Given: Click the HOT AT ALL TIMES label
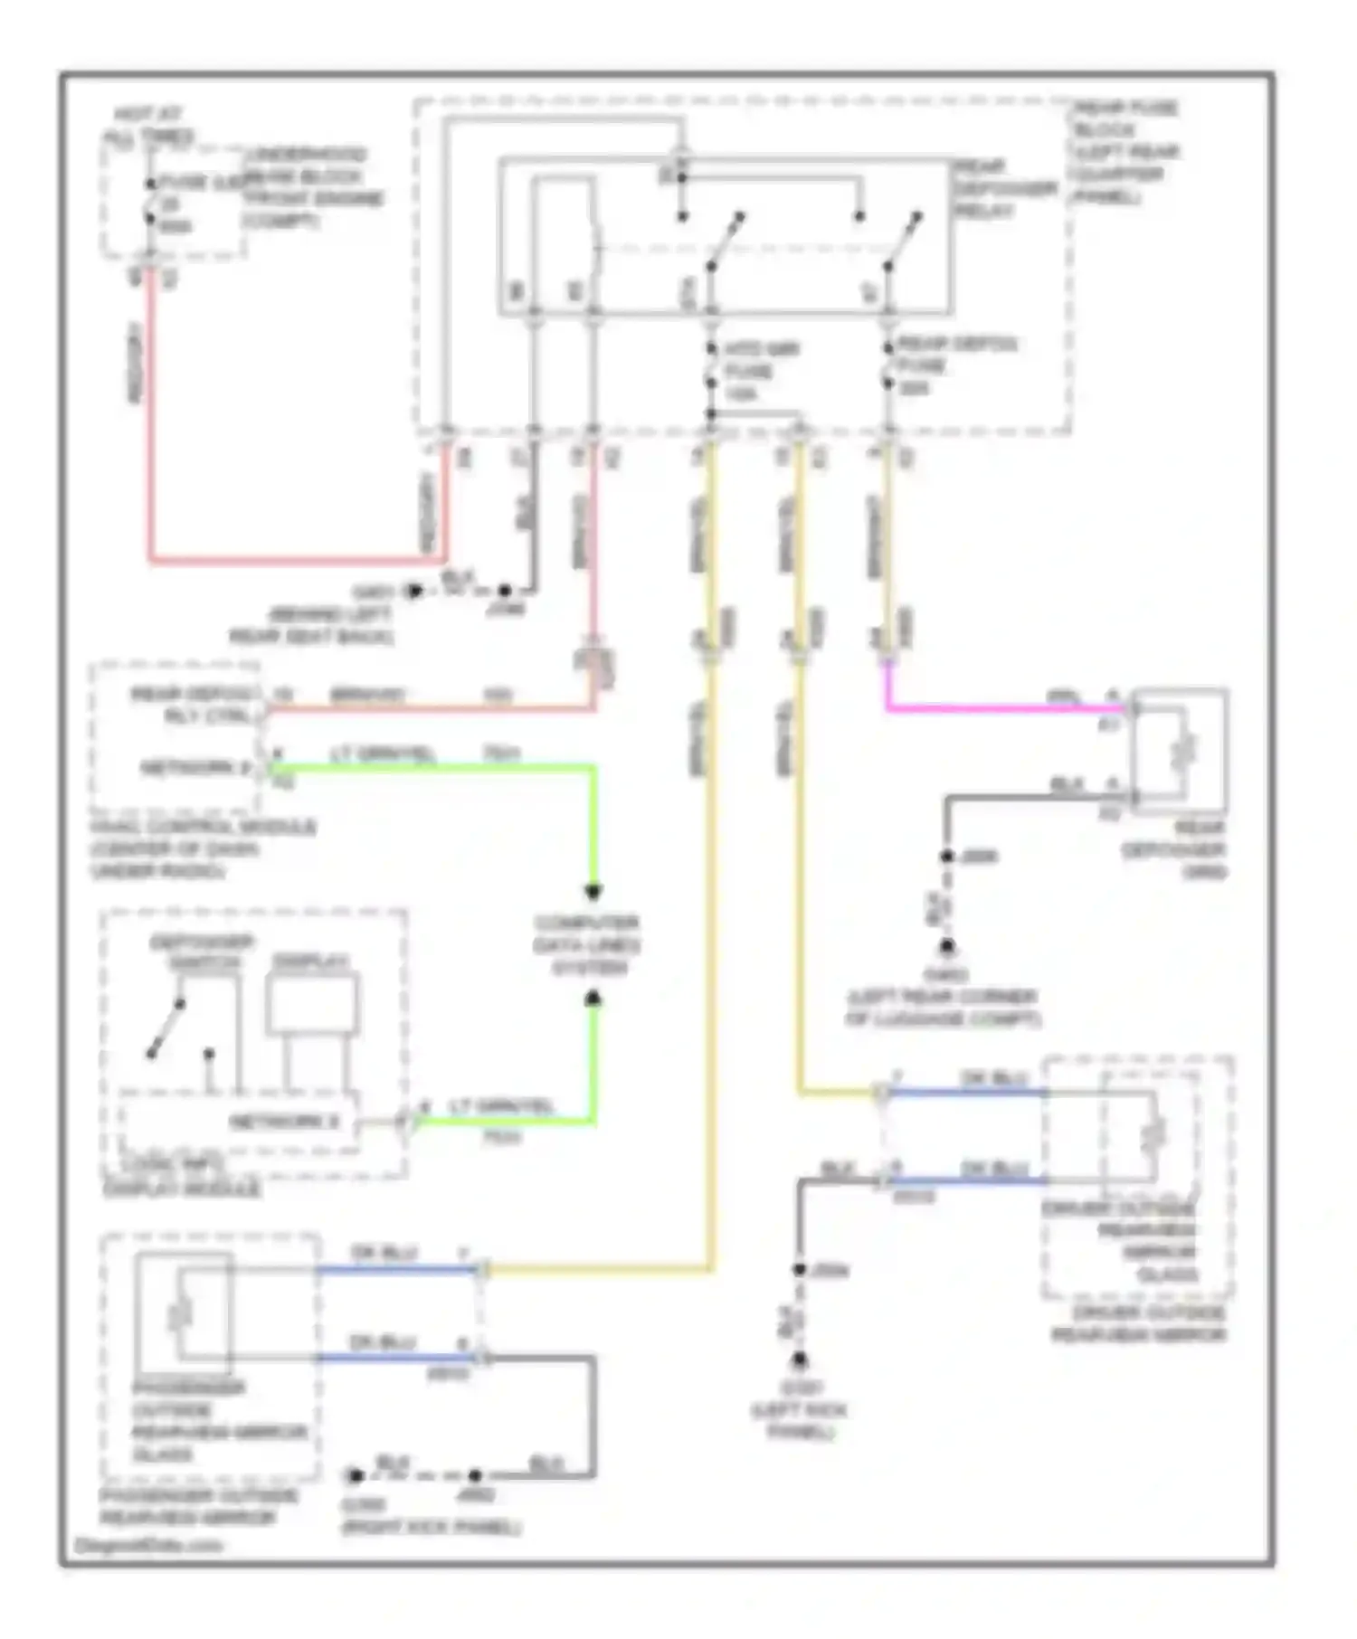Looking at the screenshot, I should coord(147,127).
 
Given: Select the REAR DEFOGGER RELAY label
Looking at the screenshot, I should coord(1004,188).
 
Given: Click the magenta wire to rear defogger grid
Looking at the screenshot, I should coord(995,708).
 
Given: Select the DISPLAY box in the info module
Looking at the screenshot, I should coord(311,1002).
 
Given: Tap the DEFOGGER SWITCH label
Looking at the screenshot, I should coord(202,952).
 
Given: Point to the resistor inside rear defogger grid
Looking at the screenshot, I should coord(1186,750).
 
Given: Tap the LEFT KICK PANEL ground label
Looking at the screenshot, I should coord(800,1420).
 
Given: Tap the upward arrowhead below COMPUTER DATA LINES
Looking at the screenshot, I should coord(593,999).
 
